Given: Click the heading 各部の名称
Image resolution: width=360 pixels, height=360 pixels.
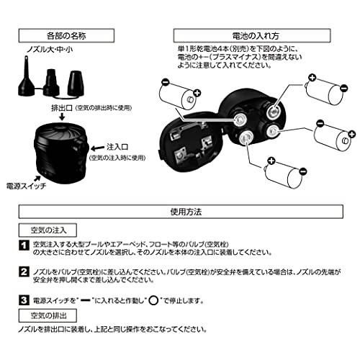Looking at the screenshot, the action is point(66,36).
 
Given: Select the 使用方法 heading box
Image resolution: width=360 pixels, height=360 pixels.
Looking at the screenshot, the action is point(181,212).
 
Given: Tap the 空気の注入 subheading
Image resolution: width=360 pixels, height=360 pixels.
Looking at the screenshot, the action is point(48,230).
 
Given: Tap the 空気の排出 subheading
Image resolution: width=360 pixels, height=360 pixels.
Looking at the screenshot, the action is point(48,315).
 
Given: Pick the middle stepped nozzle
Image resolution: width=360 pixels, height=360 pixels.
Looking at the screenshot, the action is point(51,82).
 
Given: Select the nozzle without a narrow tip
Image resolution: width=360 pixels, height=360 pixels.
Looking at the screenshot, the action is point(76,83).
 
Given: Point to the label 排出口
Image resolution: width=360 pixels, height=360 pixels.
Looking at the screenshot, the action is point(62,108).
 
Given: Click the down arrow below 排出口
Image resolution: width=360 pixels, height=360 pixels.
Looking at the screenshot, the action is point(62,117).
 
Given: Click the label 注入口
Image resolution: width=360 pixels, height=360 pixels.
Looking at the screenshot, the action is point(117,147).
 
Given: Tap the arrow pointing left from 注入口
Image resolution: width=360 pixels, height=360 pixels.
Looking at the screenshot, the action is point(98,148).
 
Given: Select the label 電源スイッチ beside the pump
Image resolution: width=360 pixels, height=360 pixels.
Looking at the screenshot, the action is point(26,186).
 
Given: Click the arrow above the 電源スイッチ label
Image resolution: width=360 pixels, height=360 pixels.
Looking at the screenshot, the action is point(37,178).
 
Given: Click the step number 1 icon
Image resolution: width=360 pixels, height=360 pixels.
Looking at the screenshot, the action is point(24,246).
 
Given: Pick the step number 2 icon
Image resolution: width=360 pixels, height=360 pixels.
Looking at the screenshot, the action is point(24,272).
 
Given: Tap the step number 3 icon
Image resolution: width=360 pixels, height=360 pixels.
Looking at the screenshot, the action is point(24,300).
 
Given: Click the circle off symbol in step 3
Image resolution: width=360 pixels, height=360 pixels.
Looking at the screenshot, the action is point(153,300).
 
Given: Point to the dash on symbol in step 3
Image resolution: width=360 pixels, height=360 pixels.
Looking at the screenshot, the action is point(86,300).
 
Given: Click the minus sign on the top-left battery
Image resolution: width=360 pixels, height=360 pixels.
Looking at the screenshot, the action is point(166,81).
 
